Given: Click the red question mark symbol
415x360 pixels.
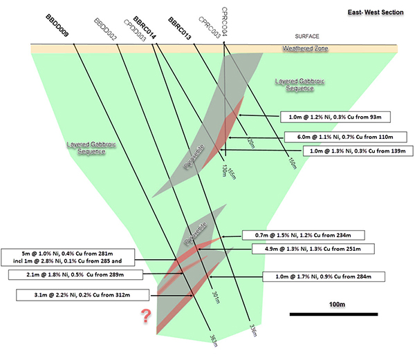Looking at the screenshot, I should (146, 317).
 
